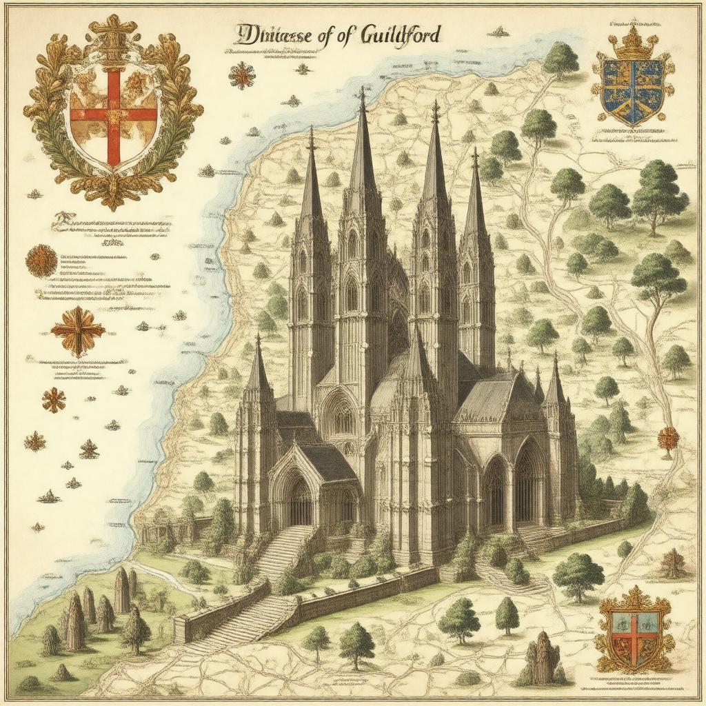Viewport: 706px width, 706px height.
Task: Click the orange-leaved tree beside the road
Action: tap(668, 439)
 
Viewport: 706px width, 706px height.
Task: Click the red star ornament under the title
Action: tap(242, 75)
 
